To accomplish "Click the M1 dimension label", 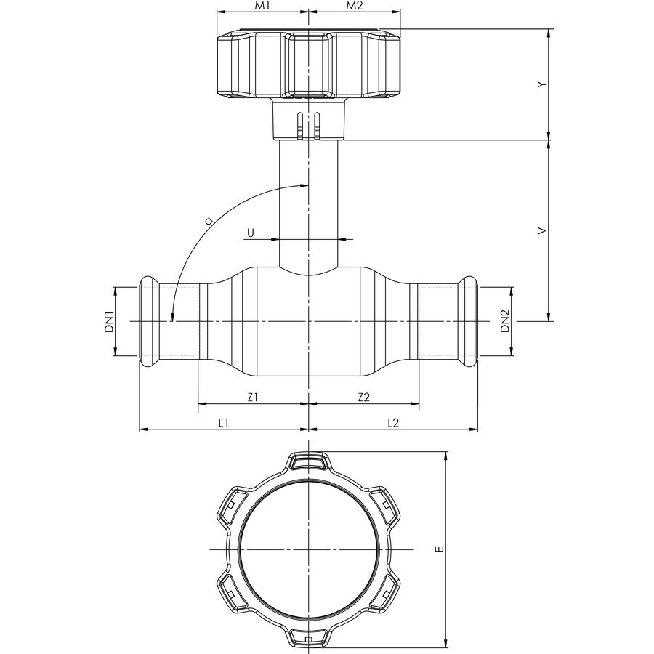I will [262, 7].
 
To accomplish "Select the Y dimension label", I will [541, 85].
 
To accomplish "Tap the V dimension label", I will [541, 230].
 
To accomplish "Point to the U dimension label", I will [251, 233].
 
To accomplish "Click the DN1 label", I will [106, 322].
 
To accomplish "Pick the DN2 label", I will [503, 322].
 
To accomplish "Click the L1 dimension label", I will [224, 422].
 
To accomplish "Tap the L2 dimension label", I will [393, 422].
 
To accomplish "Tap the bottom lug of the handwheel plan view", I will [309, 637].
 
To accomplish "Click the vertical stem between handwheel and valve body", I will [309, 203].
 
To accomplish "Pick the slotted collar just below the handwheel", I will [309, 120].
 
